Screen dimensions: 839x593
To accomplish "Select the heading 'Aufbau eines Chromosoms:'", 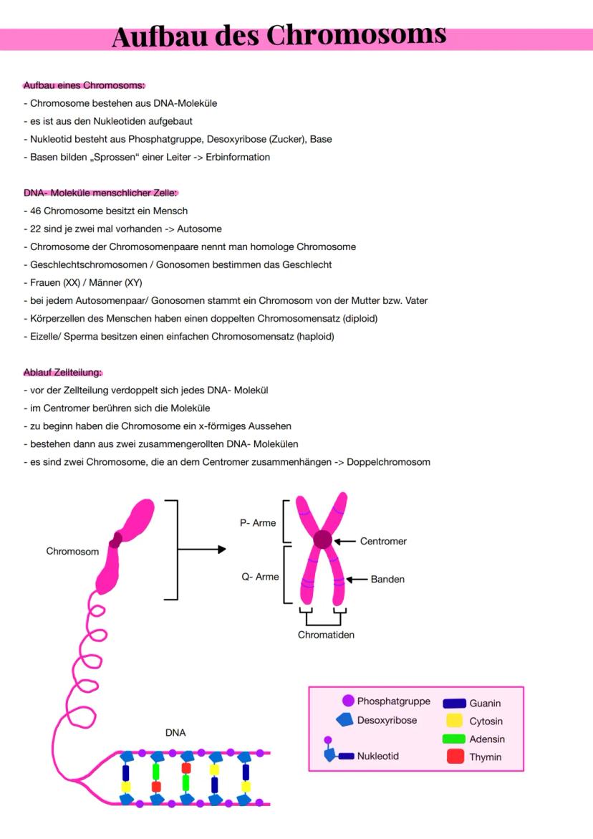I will point(84,86).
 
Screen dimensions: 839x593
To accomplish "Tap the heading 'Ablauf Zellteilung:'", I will point(63,373).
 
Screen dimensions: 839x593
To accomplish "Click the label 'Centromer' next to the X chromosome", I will point(383,541).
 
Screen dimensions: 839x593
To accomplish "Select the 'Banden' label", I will point(387,579).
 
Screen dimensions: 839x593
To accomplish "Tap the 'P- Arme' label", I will point(258,523).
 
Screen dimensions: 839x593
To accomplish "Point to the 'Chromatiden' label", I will point(326,634).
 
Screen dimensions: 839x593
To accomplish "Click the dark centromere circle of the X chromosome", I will point(323,540).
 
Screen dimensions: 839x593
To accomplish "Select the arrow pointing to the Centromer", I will point(345,541).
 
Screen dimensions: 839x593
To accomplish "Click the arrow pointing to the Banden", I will point(356,579).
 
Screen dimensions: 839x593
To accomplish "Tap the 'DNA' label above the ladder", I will point(175,734).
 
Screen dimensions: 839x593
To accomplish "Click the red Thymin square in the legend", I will point(455,756).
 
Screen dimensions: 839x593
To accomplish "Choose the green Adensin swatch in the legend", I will point(454,739).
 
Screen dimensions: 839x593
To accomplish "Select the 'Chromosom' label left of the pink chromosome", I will point(72,552).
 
